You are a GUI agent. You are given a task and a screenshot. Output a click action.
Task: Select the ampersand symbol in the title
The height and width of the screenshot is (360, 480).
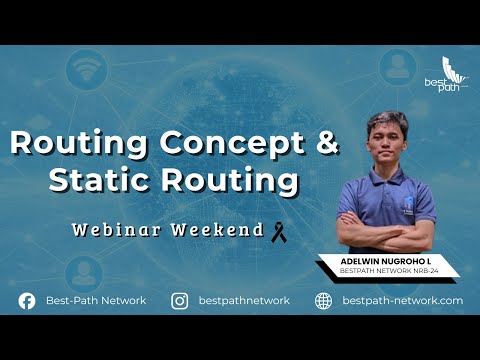tap(327, 143)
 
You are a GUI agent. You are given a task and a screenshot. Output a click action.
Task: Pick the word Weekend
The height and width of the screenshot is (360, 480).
tap(216, 230)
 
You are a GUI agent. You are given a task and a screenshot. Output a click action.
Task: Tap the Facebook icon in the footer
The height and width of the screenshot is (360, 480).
tap(27, 300)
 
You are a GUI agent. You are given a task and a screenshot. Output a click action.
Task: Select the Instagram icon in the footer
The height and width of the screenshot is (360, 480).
tap(180, 300)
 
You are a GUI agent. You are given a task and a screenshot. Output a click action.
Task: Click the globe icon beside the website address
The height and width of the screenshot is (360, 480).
tap(323, 300)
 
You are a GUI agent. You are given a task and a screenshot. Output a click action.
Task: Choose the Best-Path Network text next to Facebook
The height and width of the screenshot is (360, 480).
tap(96, 300)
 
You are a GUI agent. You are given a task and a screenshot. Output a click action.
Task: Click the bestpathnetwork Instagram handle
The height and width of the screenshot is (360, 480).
tap(245, 300)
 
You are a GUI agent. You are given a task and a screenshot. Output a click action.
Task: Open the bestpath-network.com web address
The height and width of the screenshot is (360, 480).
tap(402, 300)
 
